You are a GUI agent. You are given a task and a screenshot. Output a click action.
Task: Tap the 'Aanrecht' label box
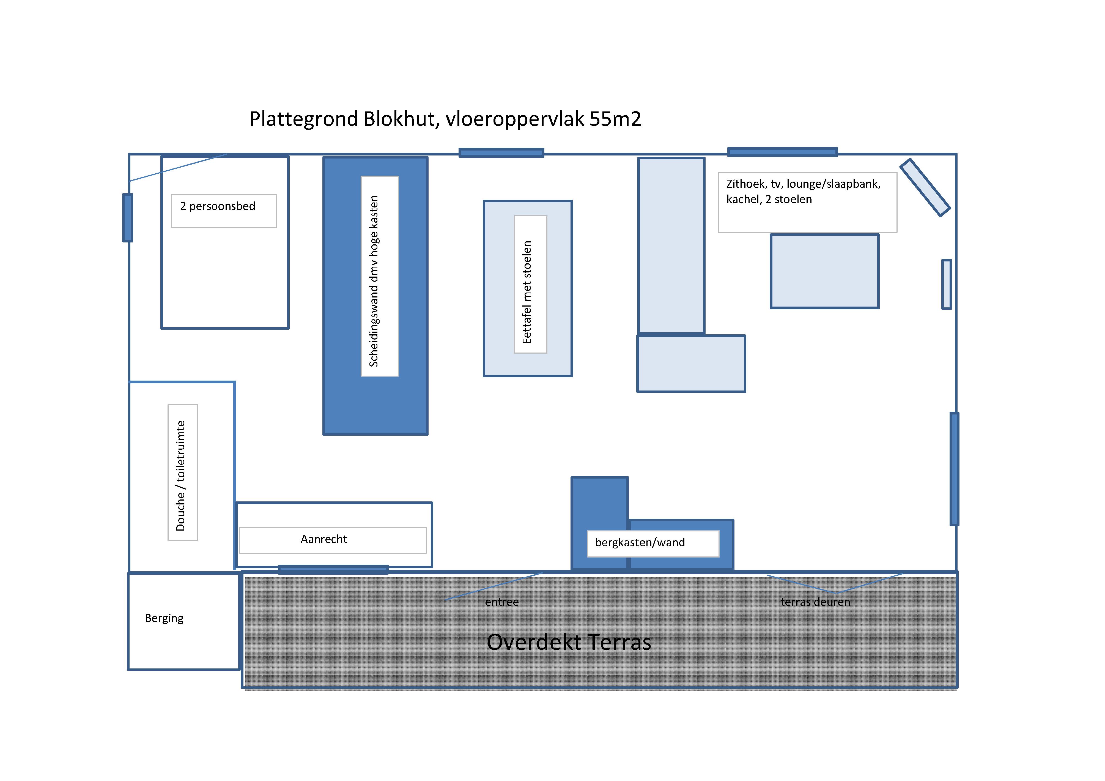pos(333,540)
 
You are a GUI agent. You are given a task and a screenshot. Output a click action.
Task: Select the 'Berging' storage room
pos(184,621)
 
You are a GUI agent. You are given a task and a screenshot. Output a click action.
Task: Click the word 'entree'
pos(501,602)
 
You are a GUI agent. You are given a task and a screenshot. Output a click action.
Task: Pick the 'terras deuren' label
pos(815,602)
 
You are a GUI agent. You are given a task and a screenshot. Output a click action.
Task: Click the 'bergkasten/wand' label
pos(640,543)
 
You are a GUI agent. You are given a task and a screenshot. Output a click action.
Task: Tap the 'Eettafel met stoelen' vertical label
pos(528,292)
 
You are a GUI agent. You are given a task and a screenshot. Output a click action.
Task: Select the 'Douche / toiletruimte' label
pos(181,476)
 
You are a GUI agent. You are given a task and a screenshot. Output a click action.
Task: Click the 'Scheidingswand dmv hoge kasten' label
pos(374,281)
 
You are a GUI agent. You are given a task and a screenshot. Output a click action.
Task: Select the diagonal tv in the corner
pos(925,187)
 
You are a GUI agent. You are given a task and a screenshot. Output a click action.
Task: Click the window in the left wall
pos(128,218)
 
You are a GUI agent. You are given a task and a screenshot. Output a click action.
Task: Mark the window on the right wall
pos(954,468)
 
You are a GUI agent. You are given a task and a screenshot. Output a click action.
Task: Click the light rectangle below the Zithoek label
pos(824,271)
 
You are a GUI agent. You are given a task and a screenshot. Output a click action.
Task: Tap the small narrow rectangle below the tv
pos(947,284)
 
